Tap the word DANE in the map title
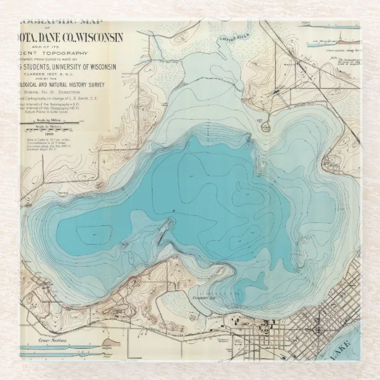pyautogui.click(x=45, y=38)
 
